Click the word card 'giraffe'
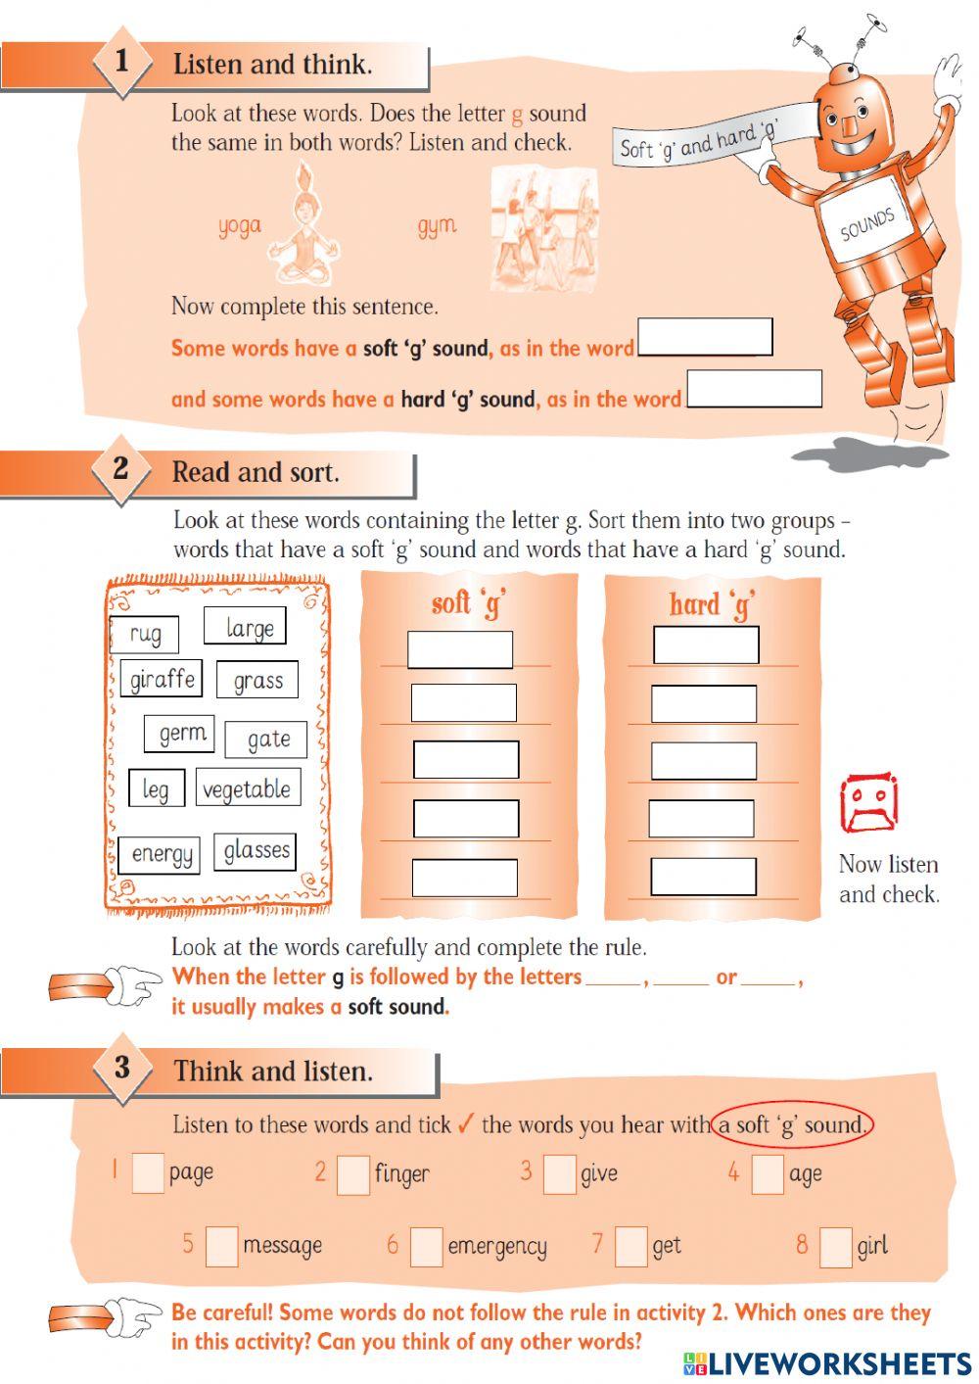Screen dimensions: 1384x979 tap(163, 679)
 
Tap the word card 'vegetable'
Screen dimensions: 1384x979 tap(247, 788)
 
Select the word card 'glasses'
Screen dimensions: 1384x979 tap(256, 850)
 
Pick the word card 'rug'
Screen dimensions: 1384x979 tap(145, 634)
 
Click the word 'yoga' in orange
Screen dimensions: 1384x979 tap(240, 226)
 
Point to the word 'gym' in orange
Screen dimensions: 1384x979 tap(437, 226)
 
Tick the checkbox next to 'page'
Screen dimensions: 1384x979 tap(148, 1172)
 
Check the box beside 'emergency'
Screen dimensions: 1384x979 tap(426, 1246)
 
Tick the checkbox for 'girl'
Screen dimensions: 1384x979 tap(836, 1246)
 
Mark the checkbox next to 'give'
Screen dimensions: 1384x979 tap(559, 1173)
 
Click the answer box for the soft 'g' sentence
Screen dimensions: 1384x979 tap(705, 337)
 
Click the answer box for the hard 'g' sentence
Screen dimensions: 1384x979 tap(754, 389)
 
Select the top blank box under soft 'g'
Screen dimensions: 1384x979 tap(460, 649)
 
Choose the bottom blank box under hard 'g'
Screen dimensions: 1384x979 tap(703, 876)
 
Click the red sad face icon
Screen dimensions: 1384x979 tap(868, 803)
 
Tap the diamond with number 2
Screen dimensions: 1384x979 tap(120, 469)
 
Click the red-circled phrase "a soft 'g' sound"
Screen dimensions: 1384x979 tap(792, 1123)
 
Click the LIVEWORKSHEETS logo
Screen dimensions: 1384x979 tap(827, 1362)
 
